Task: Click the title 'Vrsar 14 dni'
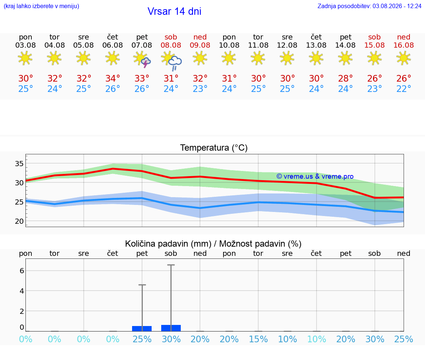[x=174, y=11]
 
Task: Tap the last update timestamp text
[x=369, y=6]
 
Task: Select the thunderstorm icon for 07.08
[x=146, y=63]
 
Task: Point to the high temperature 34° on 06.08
[x=113, y=78]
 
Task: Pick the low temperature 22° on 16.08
[x=404, y=89]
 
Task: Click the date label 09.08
[x=200, y=45]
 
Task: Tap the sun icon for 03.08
[x=25, y=58]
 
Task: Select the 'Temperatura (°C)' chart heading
[x=214, y=148]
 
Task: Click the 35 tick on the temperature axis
[x=19, y=164]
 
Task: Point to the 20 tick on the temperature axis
[x=19, y=222]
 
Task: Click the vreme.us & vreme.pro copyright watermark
[x=315, y=176]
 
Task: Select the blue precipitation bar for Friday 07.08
[x=142, y=329]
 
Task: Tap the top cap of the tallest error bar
[x=171, y=265]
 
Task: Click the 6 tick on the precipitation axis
[x=22, y=271]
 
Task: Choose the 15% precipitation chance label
[x=258, y=339]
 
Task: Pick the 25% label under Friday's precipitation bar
[x=142, y=339]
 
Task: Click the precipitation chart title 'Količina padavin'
[x=168, y=244]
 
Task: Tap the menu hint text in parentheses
[x=41, y=6]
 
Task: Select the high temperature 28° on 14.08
[x=345, y=78]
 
